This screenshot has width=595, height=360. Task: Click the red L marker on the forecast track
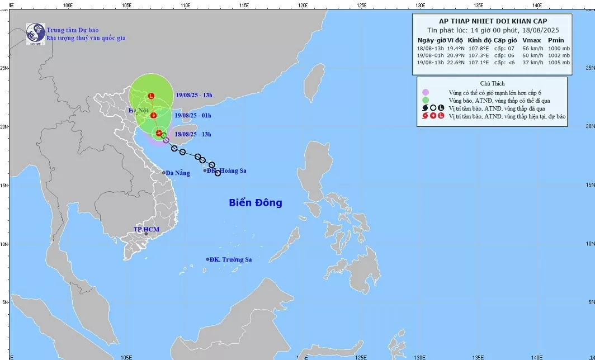(151, 96)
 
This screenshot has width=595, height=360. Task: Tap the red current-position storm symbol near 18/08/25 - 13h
(159, 133)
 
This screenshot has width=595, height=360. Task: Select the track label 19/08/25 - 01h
(193, 115)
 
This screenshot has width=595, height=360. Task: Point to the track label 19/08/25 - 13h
(193, 95)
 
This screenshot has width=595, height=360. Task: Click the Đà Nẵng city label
(177, 173)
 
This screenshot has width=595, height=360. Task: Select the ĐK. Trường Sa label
(231, 259)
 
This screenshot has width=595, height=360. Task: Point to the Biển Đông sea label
(256, 203)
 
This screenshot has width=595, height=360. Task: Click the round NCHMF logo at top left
(36, 33)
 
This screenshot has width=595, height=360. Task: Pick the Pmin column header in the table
(555, 40)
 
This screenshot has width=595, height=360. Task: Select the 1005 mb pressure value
(558, 63)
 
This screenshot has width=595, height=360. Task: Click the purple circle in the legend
(426, 92)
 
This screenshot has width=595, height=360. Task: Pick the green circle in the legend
(426, 100)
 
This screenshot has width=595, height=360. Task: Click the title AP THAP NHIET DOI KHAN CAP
(493, 21)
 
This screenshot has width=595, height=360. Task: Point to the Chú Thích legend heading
(492, 83)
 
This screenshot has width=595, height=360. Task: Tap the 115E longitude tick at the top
(243, 5)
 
